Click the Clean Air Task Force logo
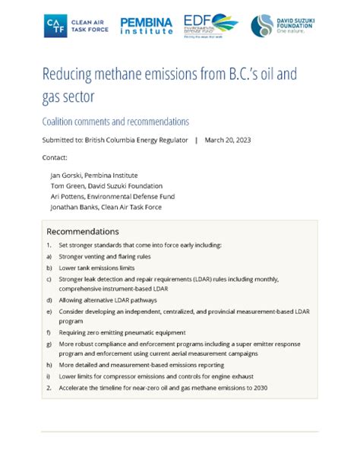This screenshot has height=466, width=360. [76, 25]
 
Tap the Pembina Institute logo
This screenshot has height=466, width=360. [145, 25]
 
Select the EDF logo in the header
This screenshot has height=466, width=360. [211, 25]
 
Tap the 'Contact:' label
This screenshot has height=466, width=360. [55, 157]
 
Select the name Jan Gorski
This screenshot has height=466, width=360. [66, 175]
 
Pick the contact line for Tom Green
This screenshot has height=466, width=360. [106, 185]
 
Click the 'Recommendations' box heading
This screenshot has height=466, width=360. [83, 231]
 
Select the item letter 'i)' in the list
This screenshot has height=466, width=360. [48, 376]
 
